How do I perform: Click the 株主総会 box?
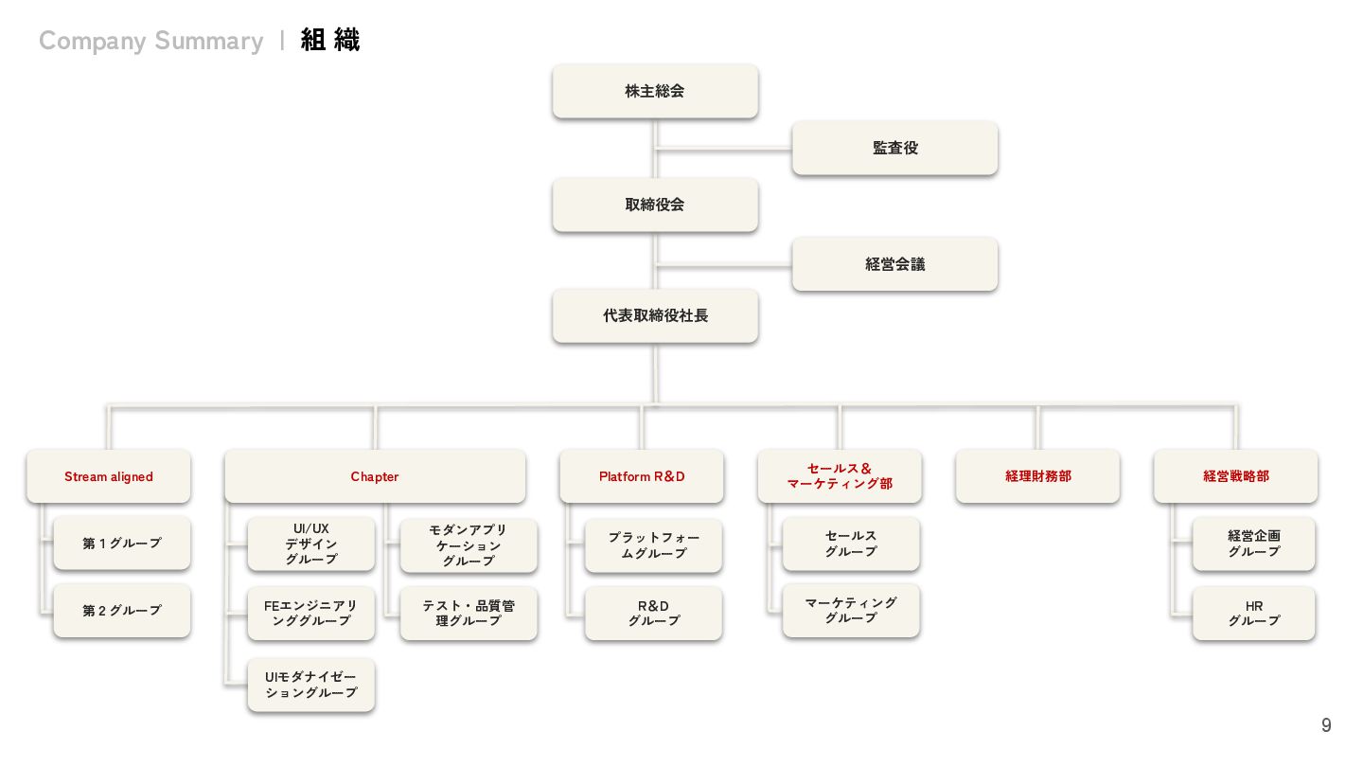tap(655, 91)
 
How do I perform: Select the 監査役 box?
tap(894, 148)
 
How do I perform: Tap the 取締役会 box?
tap(655, 205)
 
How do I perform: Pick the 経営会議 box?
tap(894, 264)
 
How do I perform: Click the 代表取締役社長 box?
tap(655, 315)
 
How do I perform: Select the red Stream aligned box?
tap(109, 476)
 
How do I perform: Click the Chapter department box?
tap(375, 476)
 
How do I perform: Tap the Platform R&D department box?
tap(642, 476)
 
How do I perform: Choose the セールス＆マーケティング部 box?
tap(840, 475)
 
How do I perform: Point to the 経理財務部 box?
tap(1037, 476)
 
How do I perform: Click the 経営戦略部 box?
tap(1235, 476)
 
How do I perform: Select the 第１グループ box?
tap(122, 544)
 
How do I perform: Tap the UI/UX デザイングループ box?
tap(310, 544)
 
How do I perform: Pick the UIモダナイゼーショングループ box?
tap(310, 685)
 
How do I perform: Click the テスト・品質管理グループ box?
tap(469, 613)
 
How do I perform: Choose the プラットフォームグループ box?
tap(653, 545)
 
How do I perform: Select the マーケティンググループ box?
tap(851, 610)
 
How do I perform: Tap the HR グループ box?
tap(1253, 613)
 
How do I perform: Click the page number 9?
tap(1326, 725)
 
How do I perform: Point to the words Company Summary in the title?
tap(151, 41)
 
